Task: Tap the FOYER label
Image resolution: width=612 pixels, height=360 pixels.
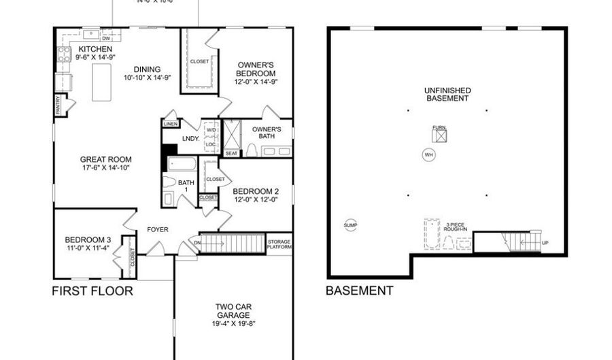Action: point(158,229)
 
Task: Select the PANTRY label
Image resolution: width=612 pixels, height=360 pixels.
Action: point(58,105)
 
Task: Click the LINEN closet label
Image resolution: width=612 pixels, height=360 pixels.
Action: point(171,124)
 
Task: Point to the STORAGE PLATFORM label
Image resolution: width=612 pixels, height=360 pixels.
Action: point(279,244)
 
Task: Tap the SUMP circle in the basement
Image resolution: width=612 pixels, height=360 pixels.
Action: point(350,225)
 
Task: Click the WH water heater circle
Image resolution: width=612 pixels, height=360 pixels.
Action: point(428,154)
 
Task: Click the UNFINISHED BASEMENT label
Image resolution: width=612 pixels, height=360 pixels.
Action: point(447,94)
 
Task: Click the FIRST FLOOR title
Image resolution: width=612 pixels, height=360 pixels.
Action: point(92,291)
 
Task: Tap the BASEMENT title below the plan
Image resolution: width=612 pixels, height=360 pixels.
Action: point(359,291)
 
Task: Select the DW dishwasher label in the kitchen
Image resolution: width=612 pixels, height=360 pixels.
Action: point(105,39)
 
